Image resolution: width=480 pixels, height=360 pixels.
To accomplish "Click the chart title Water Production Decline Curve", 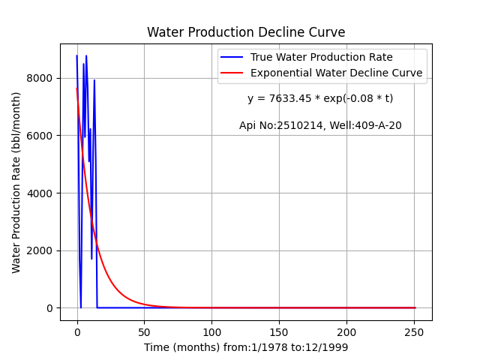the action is click(246, 32).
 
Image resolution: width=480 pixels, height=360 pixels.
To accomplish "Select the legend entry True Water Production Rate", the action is click(322, 57).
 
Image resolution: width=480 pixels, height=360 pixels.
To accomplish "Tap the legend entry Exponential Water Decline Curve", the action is click(337, 73).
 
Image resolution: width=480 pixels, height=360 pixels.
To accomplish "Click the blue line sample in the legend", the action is click(232, 57).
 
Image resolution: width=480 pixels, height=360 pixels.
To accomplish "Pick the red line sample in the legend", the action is click(232, 73).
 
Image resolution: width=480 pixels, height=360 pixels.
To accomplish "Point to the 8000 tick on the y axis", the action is click(40, 78).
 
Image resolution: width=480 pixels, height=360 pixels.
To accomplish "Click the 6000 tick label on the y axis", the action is click(40, 136).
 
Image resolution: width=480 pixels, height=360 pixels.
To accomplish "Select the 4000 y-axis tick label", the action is click(40, 193).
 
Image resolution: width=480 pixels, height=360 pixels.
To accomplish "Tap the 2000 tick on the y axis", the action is click(40, 250).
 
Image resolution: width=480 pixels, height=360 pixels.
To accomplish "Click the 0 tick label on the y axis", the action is click(49, 308).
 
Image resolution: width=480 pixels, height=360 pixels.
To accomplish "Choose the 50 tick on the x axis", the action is click(144, 332).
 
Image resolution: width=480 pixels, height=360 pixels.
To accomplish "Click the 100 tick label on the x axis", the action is click(211, 332).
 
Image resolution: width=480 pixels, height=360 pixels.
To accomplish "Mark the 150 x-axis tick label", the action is click(279, 332).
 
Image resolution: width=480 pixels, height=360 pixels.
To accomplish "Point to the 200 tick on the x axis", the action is click(346, 332).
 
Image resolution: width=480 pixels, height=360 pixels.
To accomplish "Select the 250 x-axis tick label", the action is click(414, 332).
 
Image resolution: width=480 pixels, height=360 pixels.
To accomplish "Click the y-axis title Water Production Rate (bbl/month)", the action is click(16, 182).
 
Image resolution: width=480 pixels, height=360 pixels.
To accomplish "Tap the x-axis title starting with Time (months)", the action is click(246, 347).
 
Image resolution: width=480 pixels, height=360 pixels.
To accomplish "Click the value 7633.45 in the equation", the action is click(290, 98).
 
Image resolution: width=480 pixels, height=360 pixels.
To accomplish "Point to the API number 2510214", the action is click(300, 125).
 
